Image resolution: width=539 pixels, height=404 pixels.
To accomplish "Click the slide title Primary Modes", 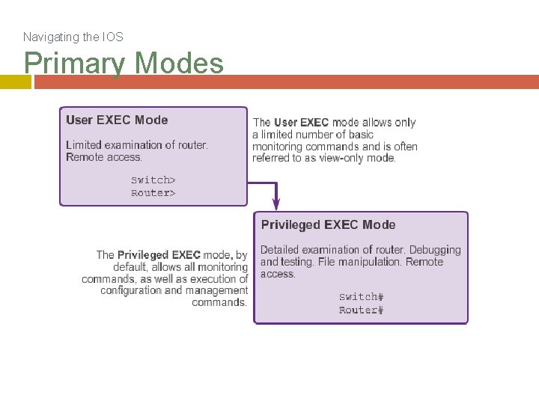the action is coord(124,63).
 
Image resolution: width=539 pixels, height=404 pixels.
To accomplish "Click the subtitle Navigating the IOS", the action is coord(73,37).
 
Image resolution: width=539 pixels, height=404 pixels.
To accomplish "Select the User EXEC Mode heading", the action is coord(117,120).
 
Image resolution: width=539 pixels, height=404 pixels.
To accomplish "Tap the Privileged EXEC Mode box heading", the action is coord(328,224).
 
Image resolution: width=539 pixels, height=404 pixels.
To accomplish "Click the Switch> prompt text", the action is coord(153,180).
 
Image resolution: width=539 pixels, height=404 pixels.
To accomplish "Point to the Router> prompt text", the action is coord(153,193).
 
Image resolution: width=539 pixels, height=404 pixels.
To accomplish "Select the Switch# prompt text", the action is coord(361,297).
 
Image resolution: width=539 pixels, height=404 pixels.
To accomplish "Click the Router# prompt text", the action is coord(361,310).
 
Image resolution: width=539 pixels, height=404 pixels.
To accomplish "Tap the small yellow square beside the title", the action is coord(15,82).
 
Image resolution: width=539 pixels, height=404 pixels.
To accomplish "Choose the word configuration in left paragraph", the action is coord(130,290).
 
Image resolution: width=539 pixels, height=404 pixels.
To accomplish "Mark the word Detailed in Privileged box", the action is coord(279,250).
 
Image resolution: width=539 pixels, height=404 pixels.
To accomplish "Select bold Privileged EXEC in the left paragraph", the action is coord(159,255).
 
